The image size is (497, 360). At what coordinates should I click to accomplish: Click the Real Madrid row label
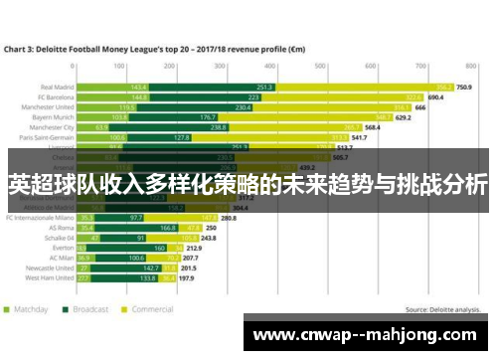click(x=57, y=87)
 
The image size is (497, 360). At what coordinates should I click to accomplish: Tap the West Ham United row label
click(x=49, y=278)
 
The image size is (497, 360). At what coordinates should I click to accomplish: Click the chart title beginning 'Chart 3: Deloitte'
click(x=159, y=47)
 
